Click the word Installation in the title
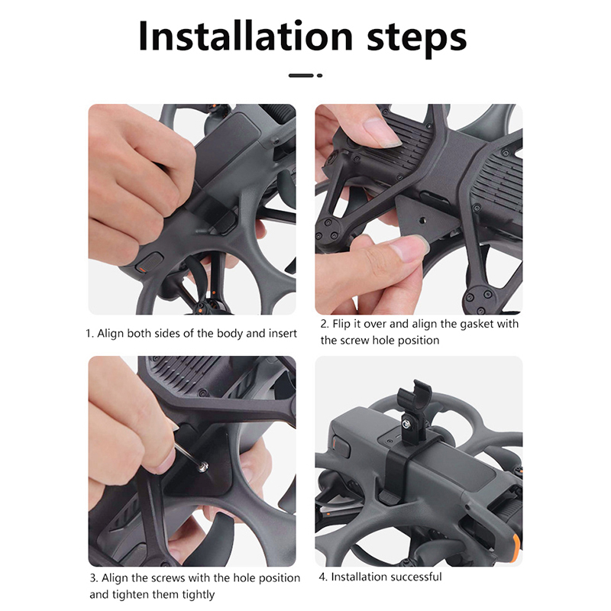[x=245, y=36]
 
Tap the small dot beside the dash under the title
[x=319, y=76]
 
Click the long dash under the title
[x=301, y=76]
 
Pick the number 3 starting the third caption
[x=93, y=578]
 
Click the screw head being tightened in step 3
[x=203, y=466]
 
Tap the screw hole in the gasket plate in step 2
[x=423, y=221]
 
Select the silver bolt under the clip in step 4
[x=407, y=423]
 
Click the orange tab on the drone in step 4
[x=516, y=548]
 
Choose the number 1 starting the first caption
[x=89, y=334]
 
